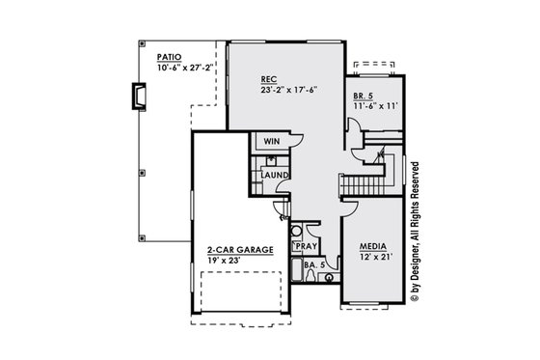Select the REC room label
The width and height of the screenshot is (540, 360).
[270, 78]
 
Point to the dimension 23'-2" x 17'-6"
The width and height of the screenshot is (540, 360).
[287, 90]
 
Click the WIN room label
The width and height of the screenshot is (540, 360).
[272, 141]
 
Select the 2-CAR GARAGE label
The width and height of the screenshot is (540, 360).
[240, 249]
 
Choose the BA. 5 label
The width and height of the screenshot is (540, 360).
[312, 263]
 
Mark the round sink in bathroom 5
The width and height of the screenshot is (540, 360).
[329, 277]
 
